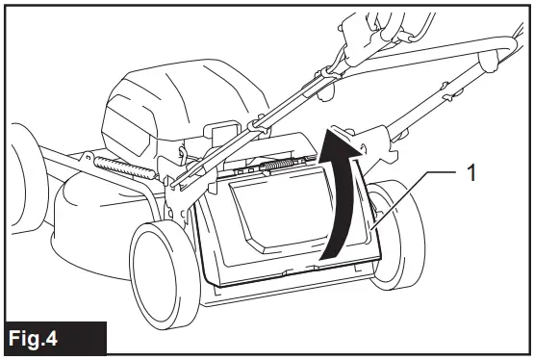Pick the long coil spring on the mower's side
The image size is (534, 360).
click(x=121, y=167)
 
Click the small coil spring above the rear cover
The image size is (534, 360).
click(x=279, y=167)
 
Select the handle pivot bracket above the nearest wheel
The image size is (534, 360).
click(x=178, y=197)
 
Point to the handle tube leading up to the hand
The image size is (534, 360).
click(x=289, y=106)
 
